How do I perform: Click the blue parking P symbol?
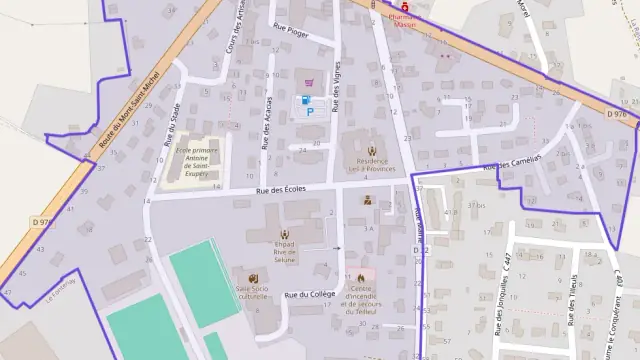point(309,113)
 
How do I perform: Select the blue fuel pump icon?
point(301,100)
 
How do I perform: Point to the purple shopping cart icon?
point(309,82)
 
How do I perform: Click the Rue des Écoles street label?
point(280,189)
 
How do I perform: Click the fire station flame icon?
point(361,277)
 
